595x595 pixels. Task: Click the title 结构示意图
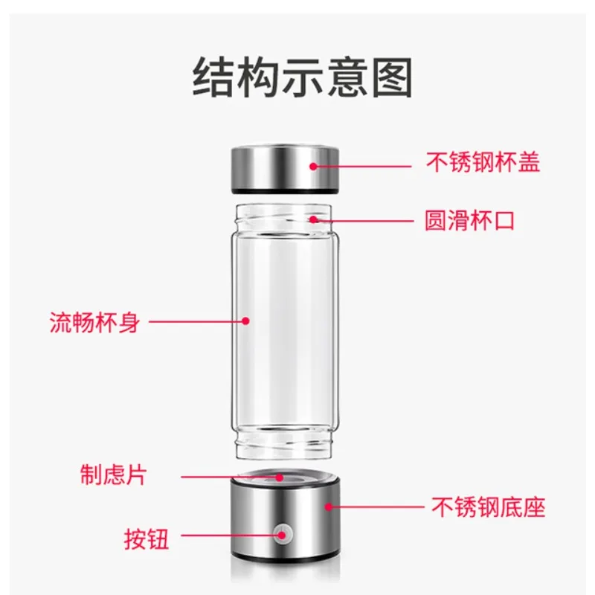click(302, 79)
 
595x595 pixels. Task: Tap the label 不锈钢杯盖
click(483, 163)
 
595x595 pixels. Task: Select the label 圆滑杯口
click(469, 220)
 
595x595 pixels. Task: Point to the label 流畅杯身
click(94, 322)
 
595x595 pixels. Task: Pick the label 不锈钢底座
click(489, 507)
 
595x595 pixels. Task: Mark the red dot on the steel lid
click(314, 164)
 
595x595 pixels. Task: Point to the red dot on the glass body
click(245, 321)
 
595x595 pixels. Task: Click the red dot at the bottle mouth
click(314, 219)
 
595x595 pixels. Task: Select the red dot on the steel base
click(327, 507)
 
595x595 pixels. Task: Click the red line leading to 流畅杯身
click(197, 321)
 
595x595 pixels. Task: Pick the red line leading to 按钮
click(231, 533)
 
